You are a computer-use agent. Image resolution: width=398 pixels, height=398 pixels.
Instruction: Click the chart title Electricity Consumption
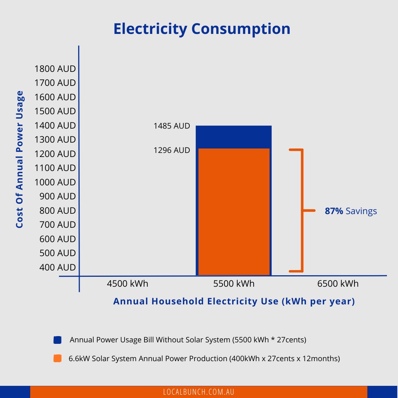coord(202,29)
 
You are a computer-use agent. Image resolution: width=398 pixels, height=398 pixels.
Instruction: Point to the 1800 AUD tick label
coord(55,69)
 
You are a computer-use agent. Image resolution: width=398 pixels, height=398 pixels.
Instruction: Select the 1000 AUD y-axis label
coord(55,182)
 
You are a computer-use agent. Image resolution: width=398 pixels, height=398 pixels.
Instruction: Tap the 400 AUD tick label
coord(57,268)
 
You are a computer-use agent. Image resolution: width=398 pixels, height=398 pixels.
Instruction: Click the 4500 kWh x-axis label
coord(128,284)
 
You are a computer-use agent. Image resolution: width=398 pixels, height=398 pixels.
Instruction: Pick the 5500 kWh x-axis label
coord(234,284)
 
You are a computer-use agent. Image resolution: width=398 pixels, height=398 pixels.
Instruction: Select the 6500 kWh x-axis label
coord(338,284)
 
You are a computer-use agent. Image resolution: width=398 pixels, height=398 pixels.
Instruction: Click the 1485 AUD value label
coord(172,126)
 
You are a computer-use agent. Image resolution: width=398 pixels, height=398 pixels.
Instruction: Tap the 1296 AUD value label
coord(172,150)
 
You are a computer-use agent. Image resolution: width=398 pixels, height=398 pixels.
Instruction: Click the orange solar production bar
coord(234,212)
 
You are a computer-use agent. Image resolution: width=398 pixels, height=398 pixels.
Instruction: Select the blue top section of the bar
coord(234,137)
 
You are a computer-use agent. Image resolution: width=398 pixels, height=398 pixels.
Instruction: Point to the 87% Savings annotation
coord(350,211)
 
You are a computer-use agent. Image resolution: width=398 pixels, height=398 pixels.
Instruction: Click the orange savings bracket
coord(302,210)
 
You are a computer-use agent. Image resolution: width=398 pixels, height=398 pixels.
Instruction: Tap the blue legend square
coord(57,340)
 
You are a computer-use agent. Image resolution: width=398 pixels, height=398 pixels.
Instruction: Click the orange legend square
coord(57,358)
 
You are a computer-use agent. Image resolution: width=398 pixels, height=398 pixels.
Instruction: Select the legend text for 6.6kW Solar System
coord(204,358)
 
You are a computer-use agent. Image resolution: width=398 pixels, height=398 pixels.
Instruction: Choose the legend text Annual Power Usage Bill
coord(188,340)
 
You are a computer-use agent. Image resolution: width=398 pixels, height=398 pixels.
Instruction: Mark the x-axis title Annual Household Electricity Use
coord(234,301)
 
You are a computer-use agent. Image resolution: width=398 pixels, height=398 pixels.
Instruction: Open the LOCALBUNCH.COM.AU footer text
coord(199,392)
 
